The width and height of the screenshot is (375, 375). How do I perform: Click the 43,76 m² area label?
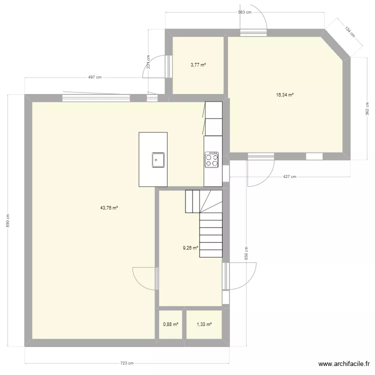click(x=108, y=208)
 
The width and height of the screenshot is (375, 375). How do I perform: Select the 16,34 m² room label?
click(x=284, y=94)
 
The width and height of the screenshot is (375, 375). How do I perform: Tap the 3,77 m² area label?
click(x=198, y=64)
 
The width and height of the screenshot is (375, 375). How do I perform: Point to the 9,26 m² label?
click(x=190, y=247)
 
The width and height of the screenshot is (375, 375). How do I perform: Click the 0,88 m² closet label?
click(x=170, y=324)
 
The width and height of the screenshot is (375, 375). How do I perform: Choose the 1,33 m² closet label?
click(x=204, y=324)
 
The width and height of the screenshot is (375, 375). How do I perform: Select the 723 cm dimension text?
click(x=127, y=363)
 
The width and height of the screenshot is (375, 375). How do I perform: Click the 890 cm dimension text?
click(x=7, y=220)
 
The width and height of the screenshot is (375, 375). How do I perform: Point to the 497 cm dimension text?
click(x=94, y=77)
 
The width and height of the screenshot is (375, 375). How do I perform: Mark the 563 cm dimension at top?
click(x=244, y=12)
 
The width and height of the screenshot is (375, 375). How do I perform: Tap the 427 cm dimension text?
click(x=289, y=176)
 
